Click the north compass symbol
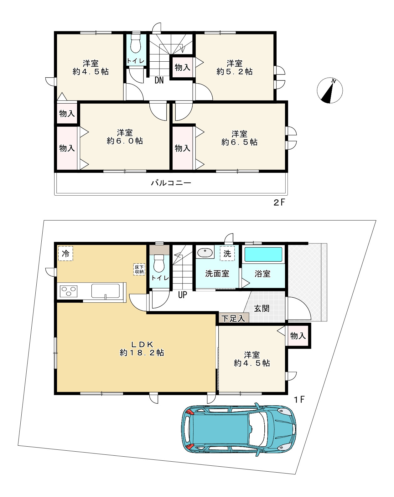330,90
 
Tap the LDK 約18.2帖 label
142,349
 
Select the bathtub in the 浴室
263,254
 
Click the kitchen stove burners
69,291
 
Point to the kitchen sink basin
105,291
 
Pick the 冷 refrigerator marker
66,254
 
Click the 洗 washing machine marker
227,254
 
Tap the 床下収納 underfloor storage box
139,269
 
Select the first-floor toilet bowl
159,264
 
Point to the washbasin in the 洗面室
205,253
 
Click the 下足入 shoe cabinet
234,318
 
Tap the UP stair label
182,295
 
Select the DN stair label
159,80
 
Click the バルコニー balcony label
171,183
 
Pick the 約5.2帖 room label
235,72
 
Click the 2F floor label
279,202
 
